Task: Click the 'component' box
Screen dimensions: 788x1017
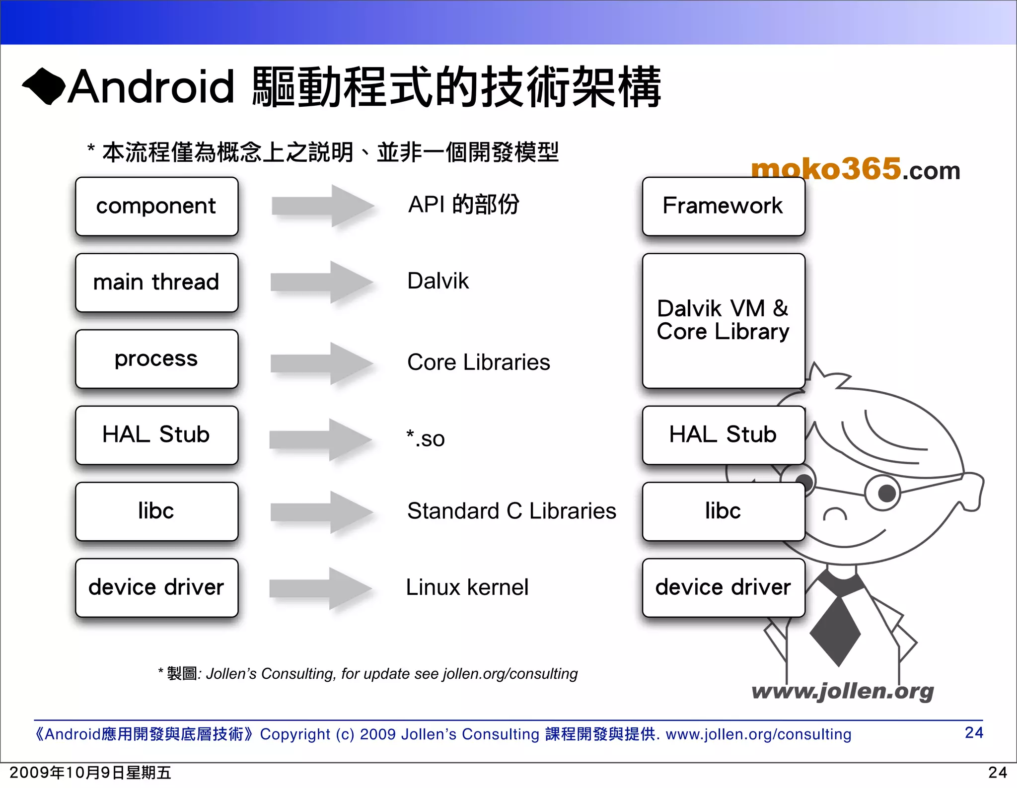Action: [x=156, y=206]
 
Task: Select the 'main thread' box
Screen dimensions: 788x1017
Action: [x=156, y=283]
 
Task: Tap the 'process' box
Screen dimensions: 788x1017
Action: [x=156, y=358]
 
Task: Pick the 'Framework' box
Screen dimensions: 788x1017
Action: [x=723, y=206]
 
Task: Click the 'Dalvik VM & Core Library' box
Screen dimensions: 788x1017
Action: [x=723, y=320]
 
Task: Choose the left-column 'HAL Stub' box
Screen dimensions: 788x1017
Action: [x=156, y=435]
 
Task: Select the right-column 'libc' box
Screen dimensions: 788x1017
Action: [x=723, y=511]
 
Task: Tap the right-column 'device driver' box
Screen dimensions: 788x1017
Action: [x=723, y=587]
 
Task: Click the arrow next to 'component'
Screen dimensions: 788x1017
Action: [x=323, y=206]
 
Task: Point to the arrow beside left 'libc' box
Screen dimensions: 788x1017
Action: [x=322, y=512]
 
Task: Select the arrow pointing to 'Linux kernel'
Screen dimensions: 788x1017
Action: [x=321, y=588]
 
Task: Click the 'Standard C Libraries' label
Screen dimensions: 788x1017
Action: [x=511, y=511]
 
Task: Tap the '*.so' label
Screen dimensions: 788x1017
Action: [x=426, y=438]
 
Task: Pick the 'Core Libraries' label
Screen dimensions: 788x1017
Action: [x=479, y=362]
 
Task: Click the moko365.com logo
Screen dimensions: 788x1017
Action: [x=855, y=169]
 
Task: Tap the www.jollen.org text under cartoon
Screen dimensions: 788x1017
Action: [x=843, y=691]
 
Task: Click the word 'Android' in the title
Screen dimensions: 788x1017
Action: [x=151, y=87]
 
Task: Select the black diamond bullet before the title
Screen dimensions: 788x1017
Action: [x=44, y=86]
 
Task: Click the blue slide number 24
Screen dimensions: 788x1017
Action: [x=974, y=732]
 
